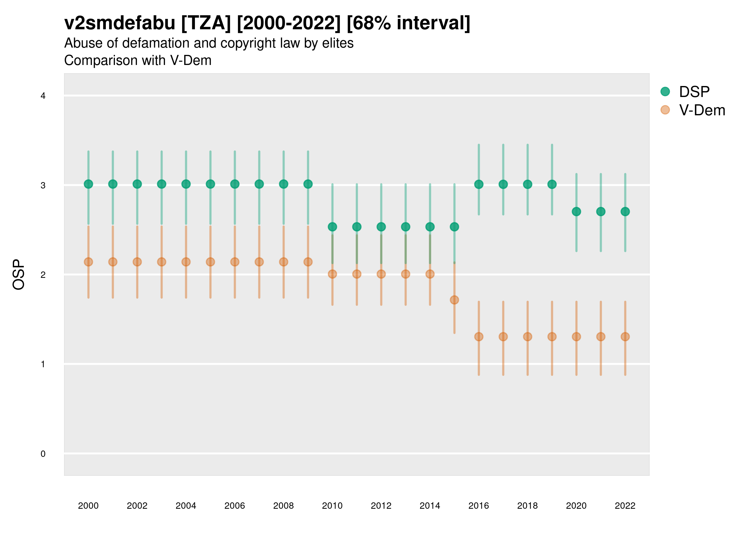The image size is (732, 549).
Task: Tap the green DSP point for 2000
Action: tap(88, 184)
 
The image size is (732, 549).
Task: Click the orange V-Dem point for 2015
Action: tap(454, 300)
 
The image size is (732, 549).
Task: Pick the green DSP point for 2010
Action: tap(332, 227)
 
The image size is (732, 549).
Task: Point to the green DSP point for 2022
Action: tap(625, 211)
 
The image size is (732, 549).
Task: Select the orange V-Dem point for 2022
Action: tap(625, 336)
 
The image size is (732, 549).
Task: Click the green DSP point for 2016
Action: tap(479, 184)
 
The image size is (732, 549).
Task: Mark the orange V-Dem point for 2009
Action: tap(308, 262)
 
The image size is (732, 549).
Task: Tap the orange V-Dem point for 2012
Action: tap(381, 274)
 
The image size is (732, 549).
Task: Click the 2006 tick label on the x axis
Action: tap(235, 506)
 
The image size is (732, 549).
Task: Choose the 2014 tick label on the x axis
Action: tap(430, 506)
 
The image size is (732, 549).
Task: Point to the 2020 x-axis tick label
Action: tap(576, 506)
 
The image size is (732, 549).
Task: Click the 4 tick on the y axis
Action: tap(43, 96)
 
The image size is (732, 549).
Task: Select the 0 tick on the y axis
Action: tap(43, 454)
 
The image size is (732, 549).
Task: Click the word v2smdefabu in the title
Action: tap(120, 23)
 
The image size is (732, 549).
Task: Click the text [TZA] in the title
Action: tap(206, 23)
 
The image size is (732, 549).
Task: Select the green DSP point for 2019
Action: tap(552, 184)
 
